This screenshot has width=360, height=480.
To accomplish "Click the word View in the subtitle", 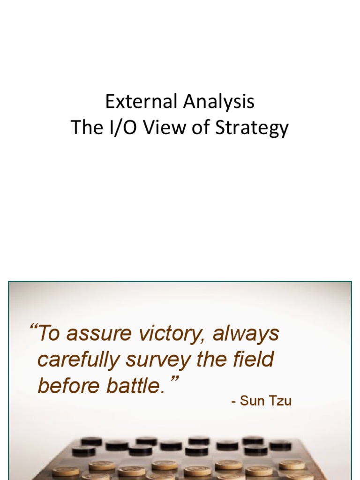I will (x=159, y=127).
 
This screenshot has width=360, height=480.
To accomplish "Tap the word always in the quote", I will (x=246, y=334).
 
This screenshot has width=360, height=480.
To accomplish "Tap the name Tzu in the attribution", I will (x=280, y=402).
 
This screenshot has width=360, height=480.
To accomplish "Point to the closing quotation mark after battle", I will (x=174, y=380).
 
